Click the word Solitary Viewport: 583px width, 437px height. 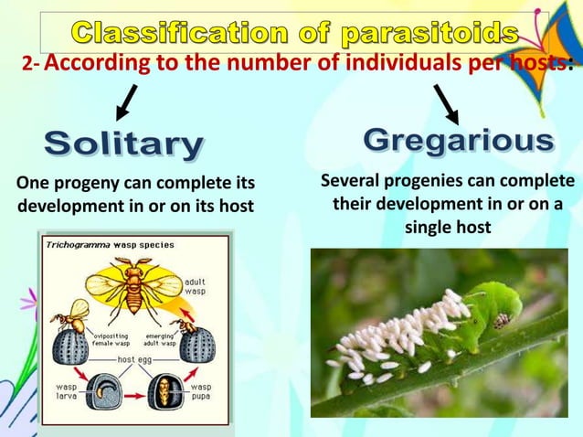[124, 144]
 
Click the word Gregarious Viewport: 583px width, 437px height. [459, 141]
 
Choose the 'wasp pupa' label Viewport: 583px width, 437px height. [201, 391]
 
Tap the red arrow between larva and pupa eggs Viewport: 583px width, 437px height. [133, 395]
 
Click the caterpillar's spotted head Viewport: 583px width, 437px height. [502, 320]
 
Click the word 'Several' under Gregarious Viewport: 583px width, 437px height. [352, 180]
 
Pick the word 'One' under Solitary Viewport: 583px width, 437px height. [33, 180]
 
